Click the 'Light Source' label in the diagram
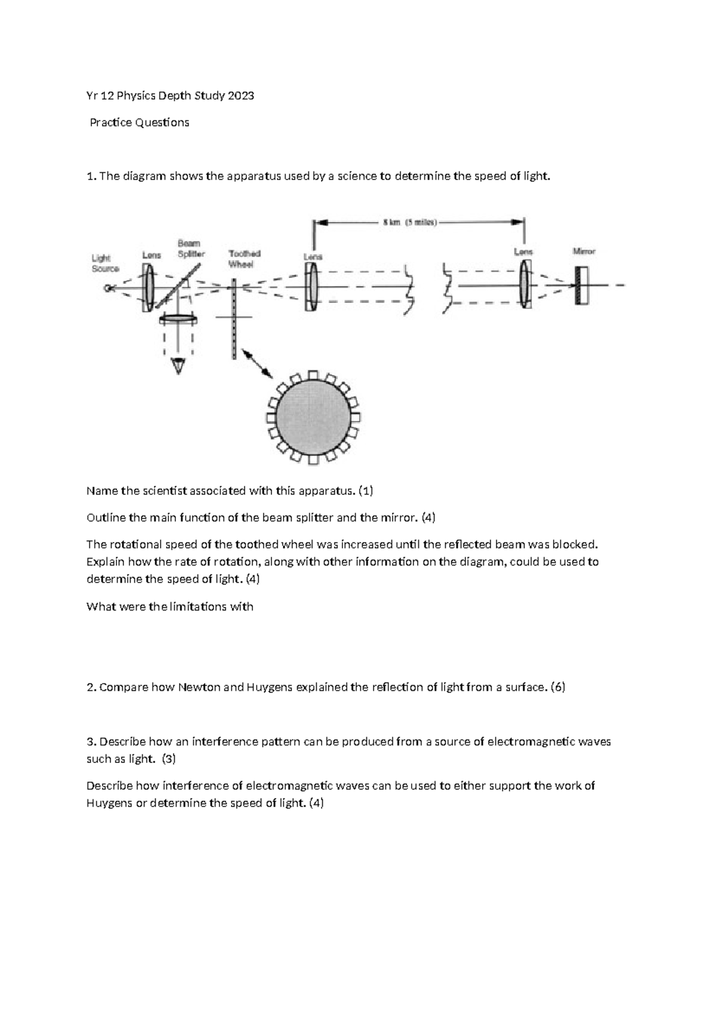(x=105, y=263)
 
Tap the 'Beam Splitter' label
(x=191, y=249)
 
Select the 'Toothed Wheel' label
(x=245, y=259)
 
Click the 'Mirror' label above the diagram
(x=584, y=252)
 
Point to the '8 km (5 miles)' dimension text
(x=409, y=223)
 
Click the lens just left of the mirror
(x=524, y=286)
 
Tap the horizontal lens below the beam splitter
(x=178, y=320)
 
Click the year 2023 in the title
(x=240, y=95)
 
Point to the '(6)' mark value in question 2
(x=558, y=687)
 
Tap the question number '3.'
(x=91, y=742)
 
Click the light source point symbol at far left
(x=108, y=288)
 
